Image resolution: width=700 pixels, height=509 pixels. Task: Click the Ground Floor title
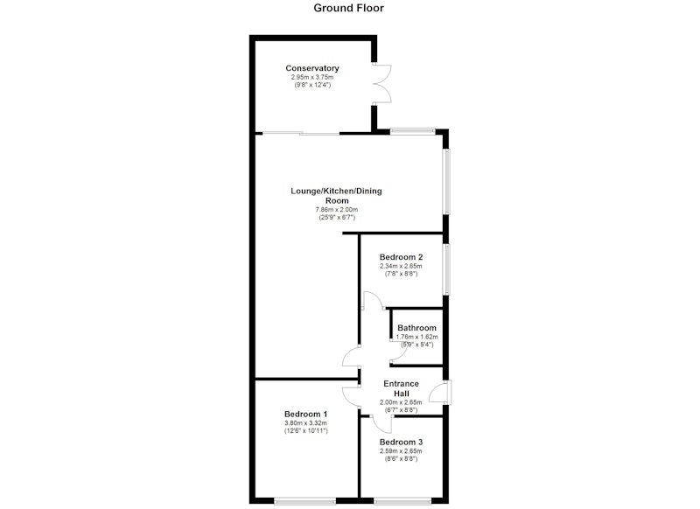348,8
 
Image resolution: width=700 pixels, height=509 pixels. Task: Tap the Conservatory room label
312,68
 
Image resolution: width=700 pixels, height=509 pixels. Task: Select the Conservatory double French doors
382,84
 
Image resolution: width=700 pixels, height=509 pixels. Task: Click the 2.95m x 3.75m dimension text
312,77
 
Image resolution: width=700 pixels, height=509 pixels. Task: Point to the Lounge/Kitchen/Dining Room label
336,195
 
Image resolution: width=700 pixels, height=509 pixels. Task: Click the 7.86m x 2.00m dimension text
337,210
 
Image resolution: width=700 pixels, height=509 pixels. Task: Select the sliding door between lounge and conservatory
301,133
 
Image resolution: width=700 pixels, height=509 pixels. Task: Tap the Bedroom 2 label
401,257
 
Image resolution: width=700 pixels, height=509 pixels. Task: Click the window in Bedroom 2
446,269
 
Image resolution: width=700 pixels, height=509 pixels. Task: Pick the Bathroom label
416,328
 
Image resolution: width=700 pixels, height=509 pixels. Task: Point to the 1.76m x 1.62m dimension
416,337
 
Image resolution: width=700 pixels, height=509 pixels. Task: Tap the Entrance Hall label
401,388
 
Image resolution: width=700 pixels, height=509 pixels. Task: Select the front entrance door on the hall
440,393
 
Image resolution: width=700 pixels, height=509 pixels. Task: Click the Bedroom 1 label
305,414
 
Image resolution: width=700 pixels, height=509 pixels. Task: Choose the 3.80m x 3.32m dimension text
305,423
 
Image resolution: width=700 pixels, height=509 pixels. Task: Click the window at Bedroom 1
304,501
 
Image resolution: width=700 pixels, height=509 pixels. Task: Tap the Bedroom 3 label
401,442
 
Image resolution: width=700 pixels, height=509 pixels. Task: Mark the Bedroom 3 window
402,501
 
